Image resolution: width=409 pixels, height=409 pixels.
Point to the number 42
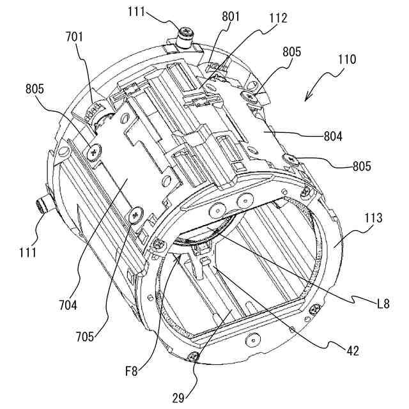[352, 350]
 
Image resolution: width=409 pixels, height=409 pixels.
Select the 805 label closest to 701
[36, 89]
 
